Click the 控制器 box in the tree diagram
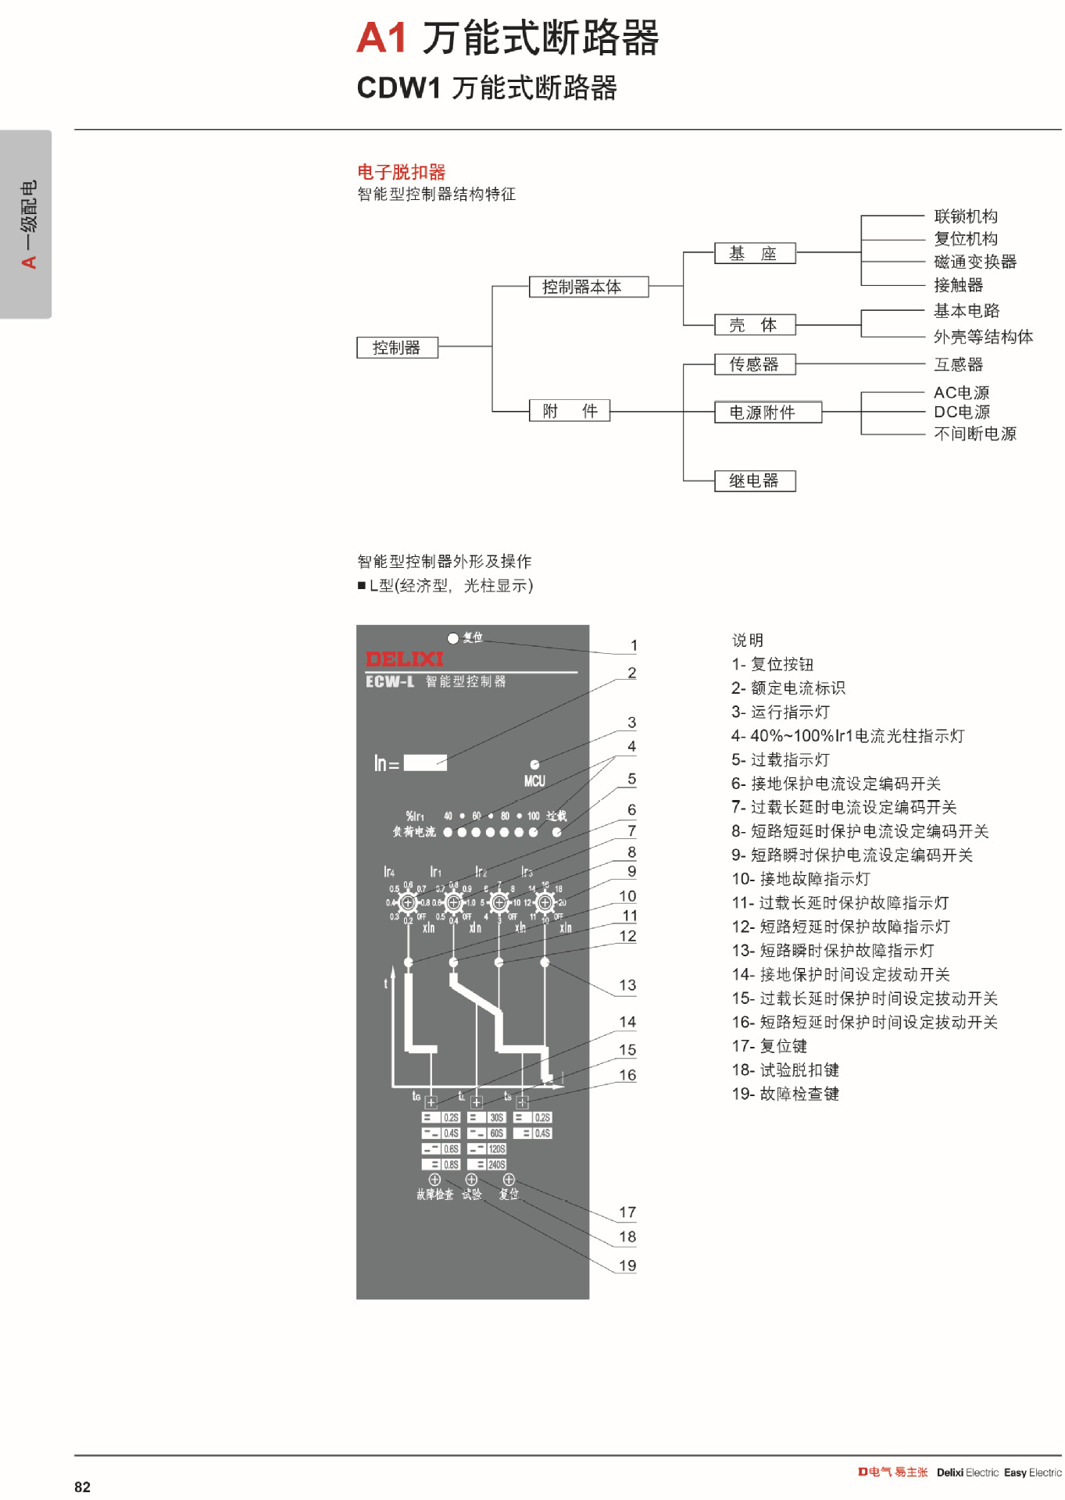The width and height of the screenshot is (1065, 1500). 397,348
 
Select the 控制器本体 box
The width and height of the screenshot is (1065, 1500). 588,287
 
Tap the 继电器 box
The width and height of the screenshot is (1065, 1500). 755,480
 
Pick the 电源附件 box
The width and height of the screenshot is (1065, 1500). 767,412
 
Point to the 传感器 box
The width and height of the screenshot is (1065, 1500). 755,364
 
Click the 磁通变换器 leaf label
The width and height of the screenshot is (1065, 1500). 975,262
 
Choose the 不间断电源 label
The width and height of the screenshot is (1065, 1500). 975,434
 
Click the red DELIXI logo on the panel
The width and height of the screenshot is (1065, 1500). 404,659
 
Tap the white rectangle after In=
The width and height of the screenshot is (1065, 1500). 425,762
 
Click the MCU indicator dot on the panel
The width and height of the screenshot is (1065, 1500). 534,765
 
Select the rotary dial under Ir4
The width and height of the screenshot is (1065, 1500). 408,902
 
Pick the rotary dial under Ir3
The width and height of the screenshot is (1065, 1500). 545,902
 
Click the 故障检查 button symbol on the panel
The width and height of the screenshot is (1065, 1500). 434,1179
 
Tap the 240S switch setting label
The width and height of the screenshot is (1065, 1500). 497,1164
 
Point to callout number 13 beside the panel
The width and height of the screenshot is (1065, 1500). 627,985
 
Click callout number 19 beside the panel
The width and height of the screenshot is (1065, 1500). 627,1266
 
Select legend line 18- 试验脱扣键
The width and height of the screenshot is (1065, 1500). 785,1070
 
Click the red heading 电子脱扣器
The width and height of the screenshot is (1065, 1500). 402,172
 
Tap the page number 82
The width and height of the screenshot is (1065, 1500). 83,1487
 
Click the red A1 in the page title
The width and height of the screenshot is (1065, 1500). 382,37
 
